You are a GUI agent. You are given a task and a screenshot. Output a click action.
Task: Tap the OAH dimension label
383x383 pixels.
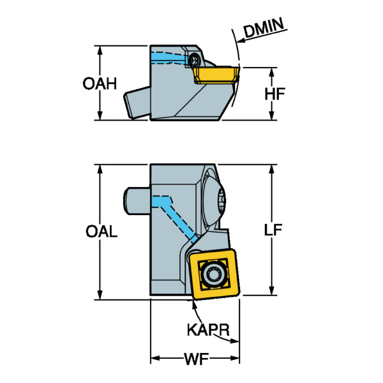(x=100, y=84)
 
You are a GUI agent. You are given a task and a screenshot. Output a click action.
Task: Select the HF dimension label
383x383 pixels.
(x=274, y=94)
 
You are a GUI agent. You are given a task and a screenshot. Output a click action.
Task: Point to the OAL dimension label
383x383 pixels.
(x=101, y=232)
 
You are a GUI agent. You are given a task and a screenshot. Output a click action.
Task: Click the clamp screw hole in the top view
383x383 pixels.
(x=193, y=60)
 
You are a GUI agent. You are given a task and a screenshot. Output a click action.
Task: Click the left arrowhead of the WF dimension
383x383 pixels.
(x=153, y=358)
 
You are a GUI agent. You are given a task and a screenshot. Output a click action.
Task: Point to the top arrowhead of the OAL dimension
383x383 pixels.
(x=100, y=168)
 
